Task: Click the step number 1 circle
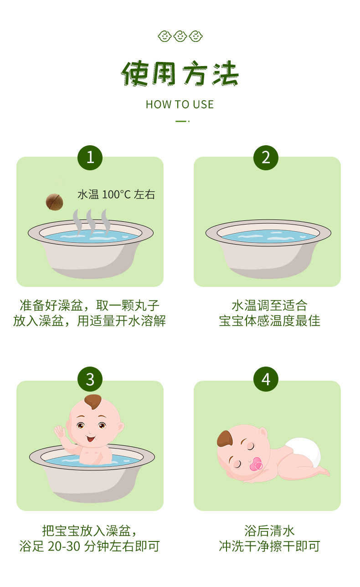pos(90,158)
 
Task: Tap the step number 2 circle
pos(266,158)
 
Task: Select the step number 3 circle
pos(90,379)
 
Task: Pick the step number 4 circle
pos(266,379)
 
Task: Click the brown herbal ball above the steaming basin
pos(54,202)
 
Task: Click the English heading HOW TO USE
pos(180,105)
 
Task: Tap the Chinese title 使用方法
pos(180,74)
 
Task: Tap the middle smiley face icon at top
pos(180,36)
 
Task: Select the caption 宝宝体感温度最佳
pos(269,321)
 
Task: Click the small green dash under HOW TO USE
pos(181,121)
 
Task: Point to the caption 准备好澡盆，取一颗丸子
pos(90,305)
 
